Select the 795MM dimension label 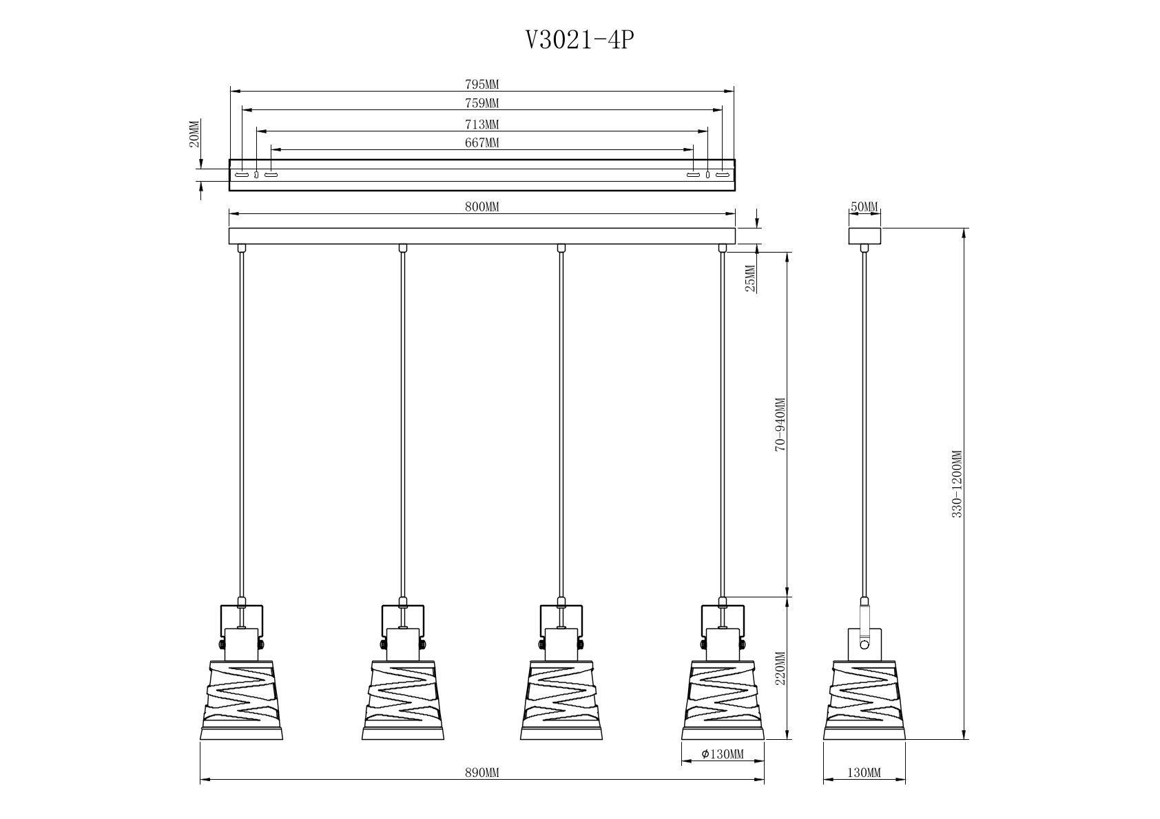click(481, 85)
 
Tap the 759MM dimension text click(481, 103)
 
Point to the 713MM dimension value click(481, 125)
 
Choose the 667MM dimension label click(481, 142)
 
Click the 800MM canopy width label click(481, 206)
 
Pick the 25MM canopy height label click(750, 278)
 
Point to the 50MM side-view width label click(864, 206)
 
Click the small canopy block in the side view click(864, 236)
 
